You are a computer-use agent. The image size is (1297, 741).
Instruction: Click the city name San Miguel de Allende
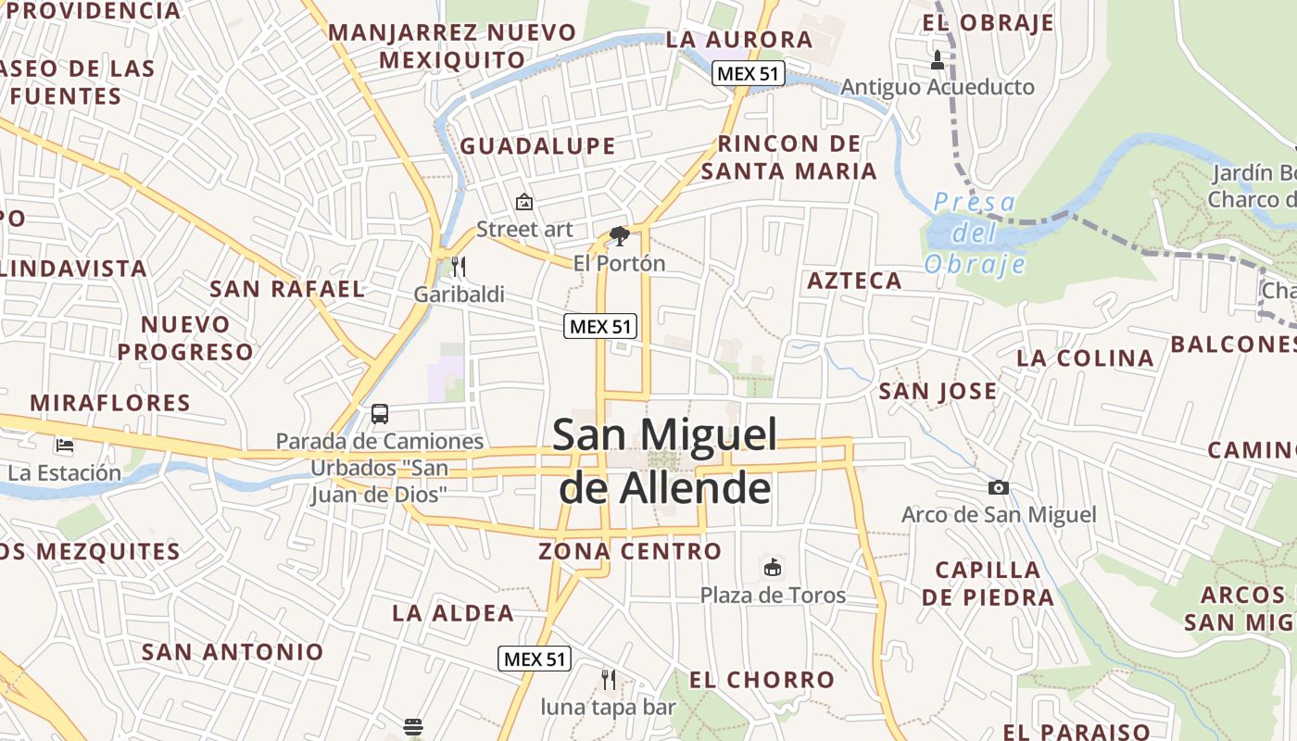(664, 460)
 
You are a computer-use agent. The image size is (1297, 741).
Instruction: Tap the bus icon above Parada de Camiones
(380, 413)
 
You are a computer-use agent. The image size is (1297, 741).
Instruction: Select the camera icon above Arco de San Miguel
(998, 487)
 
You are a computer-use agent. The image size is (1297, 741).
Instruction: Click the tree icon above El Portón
(619, 236)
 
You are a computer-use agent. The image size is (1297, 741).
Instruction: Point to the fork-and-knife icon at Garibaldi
(459, 268)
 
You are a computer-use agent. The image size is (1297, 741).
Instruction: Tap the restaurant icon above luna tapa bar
(609, 680)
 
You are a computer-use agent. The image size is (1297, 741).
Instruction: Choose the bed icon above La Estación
(64, 446)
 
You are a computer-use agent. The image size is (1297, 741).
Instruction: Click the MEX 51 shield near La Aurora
(748, 74)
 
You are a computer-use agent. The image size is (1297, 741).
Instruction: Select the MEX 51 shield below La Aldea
(535, 659)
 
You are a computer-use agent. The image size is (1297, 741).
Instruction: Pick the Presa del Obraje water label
(975, 232)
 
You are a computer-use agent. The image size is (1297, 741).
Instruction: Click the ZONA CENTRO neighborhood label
(630, 552)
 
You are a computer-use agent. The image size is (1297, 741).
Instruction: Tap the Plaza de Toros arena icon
(772, 567)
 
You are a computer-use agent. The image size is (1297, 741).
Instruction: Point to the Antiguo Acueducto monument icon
(937, 61)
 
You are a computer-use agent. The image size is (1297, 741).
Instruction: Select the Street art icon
(524, 201)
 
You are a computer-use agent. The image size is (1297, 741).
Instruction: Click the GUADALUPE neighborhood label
(537, 146)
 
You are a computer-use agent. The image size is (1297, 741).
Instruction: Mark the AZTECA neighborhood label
(854, 281)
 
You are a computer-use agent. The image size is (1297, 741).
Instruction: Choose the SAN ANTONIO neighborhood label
(233, 652)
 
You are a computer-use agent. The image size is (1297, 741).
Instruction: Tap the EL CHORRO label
(762, 680)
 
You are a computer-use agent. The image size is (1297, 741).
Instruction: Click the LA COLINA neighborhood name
(1085, 358)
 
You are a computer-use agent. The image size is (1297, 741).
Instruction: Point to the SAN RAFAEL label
(287, 288)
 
